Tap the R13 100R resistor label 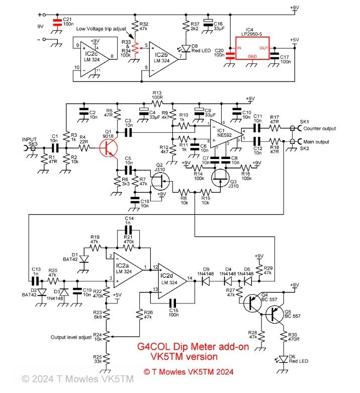[x=158, y=96]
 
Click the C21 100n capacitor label [x=67, y=21]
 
